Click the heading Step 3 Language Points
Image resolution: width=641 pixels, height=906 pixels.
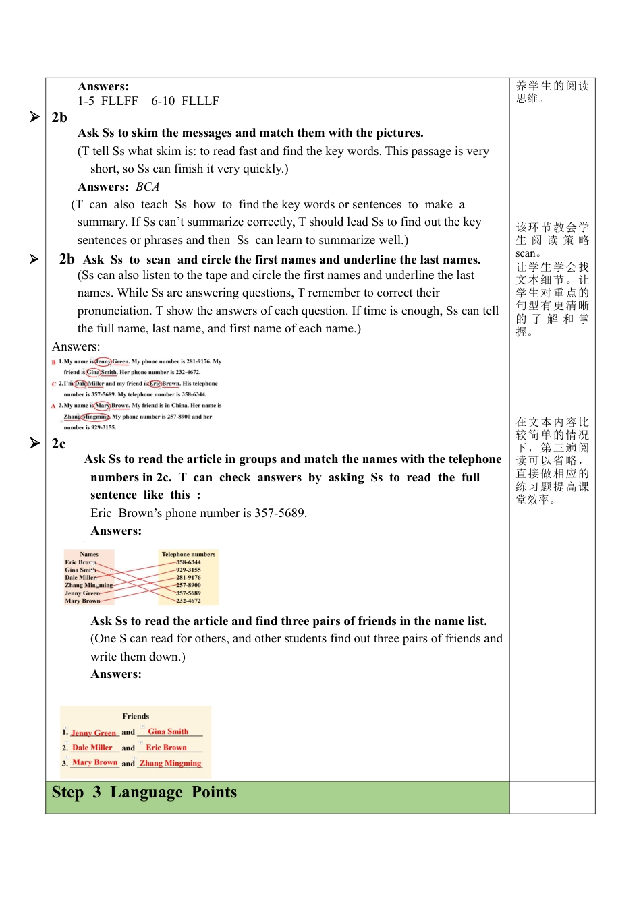(x=144, y=793)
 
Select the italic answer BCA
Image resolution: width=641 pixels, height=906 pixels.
(x=148, y=187)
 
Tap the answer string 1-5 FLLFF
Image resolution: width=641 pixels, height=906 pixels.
(x=108, y=101)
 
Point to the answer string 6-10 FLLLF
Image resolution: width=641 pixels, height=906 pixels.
(x=185, y=101)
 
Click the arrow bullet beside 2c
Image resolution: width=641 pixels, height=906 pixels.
(x=35, y=443)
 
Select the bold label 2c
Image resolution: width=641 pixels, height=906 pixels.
(x=59, y=444)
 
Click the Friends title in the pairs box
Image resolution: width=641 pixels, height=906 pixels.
(x=136, y=716)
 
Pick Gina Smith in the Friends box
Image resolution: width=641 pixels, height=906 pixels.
(x=168, y=731)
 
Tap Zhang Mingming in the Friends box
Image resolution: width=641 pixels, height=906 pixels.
(x=170, y=763)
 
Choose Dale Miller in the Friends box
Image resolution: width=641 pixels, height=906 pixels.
(x=92, y=748)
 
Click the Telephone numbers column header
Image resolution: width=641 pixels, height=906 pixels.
(x=188, y=554)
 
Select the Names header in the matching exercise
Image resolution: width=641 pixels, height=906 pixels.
(x=89, y=554)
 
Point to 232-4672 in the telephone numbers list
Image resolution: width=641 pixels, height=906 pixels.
(x=188, y=601)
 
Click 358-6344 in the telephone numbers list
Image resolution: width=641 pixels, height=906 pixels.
(x=188, y=562)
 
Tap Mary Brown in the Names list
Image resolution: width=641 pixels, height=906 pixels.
(x=82, y=601)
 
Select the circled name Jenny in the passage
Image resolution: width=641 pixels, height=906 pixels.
(x=103, y=361)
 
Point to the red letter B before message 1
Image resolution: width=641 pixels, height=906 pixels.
(x=53, y=362)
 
